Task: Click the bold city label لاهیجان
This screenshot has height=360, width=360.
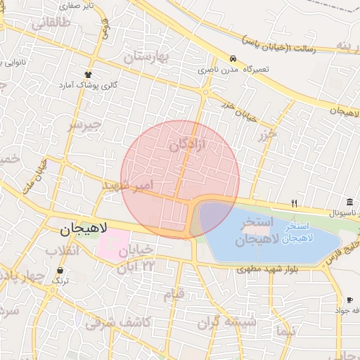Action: [82, 229]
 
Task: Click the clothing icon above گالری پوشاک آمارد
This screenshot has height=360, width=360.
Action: [88, 74]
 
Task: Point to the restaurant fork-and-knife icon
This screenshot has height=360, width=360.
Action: [295, 204]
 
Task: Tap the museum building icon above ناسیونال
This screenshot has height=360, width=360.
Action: [349, 202]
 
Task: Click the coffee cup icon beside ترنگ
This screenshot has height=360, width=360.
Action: [60, 271]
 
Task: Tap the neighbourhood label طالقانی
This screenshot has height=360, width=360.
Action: [51, 23]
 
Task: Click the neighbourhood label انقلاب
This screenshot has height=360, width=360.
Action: [63, 250]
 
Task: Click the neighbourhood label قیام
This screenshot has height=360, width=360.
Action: [172, 292]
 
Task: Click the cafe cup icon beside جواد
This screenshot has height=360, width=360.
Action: [350, 300]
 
